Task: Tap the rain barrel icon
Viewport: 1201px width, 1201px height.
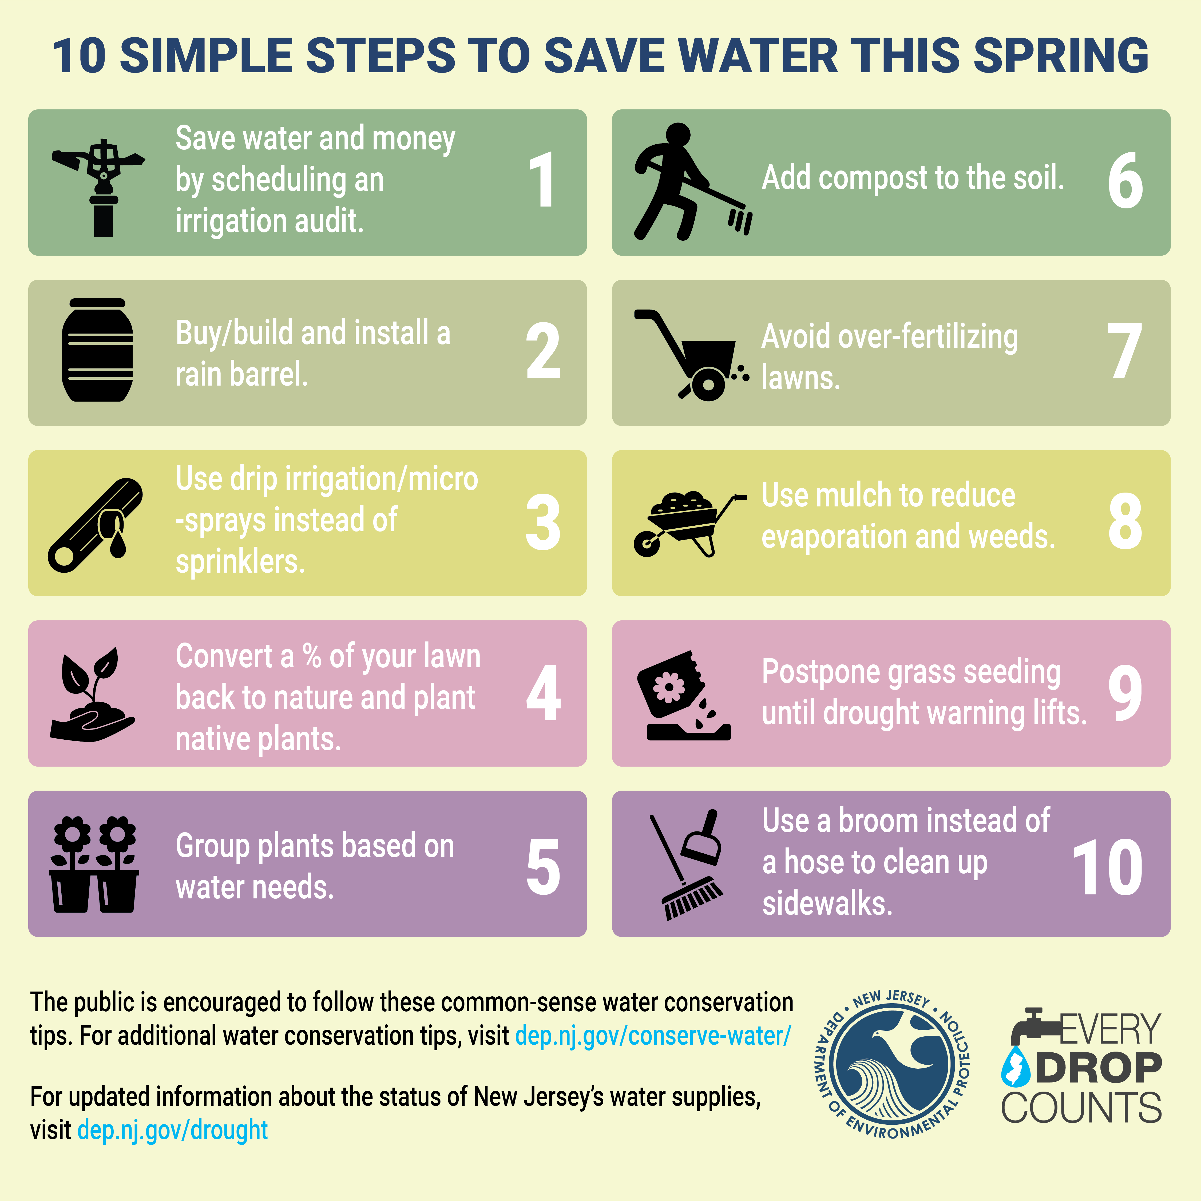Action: point(98,351)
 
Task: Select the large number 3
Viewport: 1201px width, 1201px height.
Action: point(543,523)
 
